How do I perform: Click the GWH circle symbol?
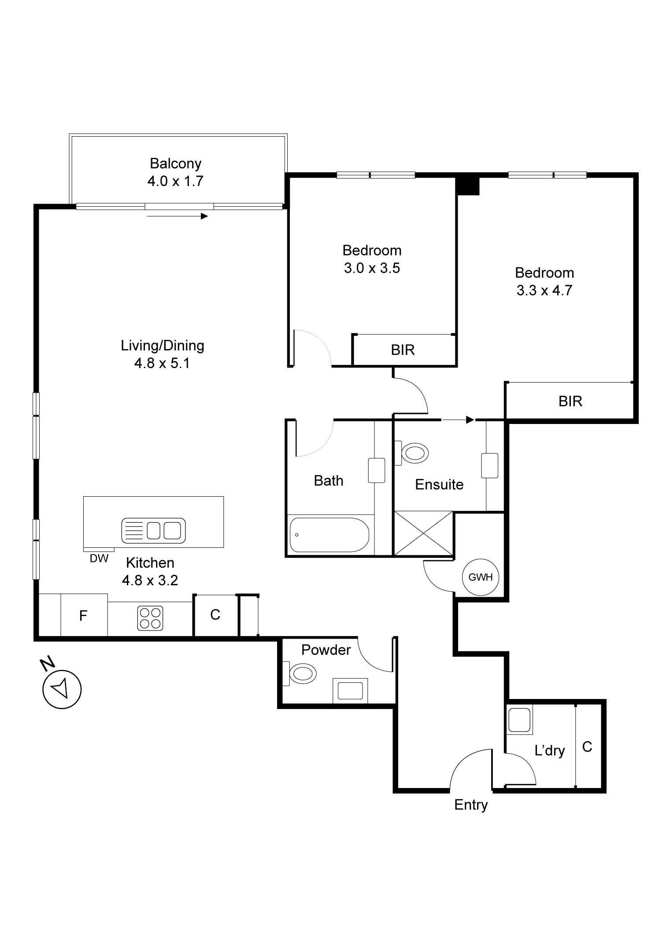click(480, 577)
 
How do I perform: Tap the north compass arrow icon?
click(62, 689)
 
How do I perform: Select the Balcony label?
click(175, 164)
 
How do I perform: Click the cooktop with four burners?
click(150, 618)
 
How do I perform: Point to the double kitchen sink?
click(153, 530)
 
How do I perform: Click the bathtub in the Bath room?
click(329, 535)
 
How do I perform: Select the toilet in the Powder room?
click(302, 673)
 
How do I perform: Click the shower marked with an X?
click(423, 533)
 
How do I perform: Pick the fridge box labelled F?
click(83, 615)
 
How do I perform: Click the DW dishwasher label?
click(99, 558)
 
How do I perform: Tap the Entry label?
click(471, 804)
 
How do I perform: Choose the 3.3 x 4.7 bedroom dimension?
click(544, 290)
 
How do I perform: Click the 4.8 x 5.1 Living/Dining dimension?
click(162, 363)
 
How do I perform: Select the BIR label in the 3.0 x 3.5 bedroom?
click(403, 350)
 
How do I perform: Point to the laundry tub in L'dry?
click(519, 719)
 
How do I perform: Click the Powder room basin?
click(350, 690)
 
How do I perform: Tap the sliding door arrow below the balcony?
click(177, 216)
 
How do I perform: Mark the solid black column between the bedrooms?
click(467, 185)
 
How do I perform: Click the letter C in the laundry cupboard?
click(587, 747)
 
